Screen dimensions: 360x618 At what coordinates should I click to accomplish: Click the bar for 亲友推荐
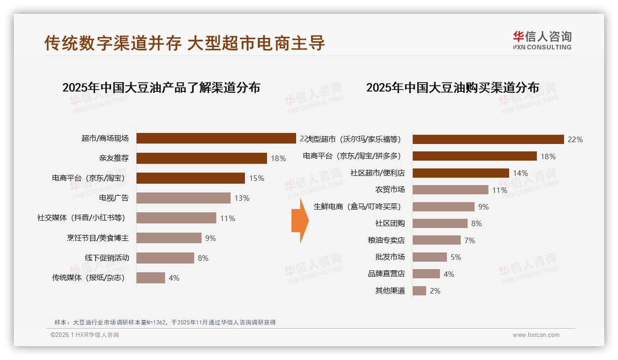tap(202, 158)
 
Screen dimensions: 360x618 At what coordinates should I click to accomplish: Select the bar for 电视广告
tap(184, 198)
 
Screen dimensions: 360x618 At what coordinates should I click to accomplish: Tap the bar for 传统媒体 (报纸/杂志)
tap(151, 278)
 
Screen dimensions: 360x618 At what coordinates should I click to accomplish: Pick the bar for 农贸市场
tap(450, 190)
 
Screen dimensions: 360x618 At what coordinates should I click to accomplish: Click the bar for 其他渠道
tap(419, 291)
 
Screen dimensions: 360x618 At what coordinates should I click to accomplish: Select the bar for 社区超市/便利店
tap(461, 173)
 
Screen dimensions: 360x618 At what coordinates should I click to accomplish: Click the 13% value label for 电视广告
tap(242, 198)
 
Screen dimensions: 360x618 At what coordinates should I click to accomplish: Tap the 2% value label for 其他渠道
tap(435, 291)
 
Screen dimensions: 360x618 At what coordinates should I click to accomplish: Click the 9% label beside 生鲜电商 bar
tap(483, 207)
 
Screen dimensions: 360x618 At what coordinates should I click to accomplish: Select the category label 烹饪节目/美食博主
tap(98, 238)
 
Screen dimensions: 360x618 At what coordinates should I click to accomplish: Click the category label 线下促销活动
tap(107, 258)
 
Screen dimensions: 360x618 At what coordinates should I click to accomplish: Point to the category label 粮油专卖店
tap(386, 240)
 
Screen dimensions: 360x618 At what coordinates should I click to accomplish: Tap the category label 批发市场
tap(390, 257)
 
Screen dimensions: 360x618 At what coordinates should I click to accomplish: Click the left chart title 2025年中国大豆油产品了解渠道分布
tap(161, 88)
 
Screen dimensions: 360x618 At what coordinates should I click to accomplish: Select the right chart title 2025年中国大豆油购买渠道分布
tap(452, 88)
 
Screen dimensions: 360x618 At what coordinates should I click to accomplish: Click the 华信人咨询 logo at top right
tap(542, 41)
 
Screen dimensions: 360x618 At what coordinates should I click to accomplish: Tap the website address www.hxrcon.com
tap(535, 335)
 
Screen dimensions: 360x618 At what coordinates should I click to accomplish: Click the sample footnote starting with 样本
tap(165, 322)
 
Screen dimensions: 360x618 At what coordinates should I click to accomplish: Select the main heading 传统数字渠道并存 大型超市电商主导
tap(184, 43)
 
